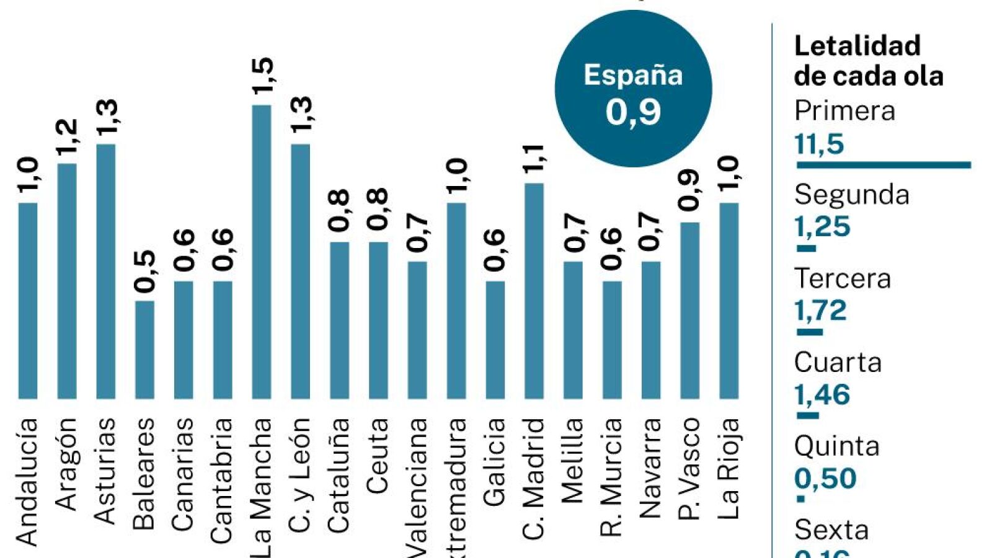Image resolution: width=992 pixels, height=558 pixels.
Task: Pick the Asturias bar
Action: [x=106, y=271]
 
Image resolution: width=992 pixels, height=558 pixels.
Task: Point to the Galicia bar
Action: [x=495, y=339]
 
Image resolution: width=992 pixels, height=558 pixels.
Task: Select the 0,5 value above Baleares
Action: [x=146, y=271]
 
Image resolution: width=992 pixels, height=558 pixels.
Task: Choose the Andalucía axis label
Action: [x=27, y=481]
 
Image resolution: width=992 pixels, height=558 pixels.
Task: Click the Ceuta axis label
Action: [x=378, y=456]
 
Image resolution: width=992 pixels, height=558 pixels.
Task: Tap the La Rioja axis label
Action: [x=729, y=468]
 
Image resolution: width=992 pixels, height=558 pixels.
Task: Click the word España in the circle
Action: [x=633, y=75]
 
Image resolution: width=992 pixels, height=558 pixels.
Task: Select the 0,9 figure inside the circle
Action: [x=633, y=112]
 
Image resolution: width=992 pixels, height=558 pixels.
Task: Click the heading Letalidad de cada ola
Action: [x=868, y=61]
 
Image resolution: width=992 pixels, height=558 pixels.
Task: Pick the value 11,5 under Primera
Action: [x=819, y=144]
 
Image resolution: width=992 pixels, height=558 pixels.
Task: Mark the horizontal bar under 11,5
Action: [x=883, y=165]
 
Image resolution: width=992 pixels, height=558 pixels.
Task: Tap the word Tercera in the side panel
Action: [x=842, y=278]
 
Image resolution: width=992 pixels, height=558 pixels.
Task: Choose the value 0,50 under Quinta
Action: [x=825, y=479]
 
